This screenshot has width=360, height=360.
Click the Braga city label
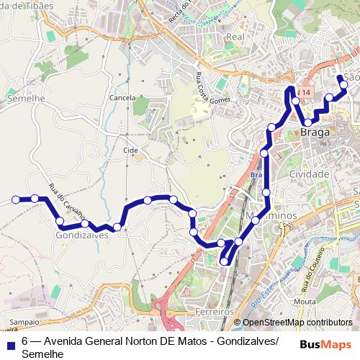[x=315, y=133]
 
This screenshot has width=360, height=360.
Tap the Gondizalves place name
[x=81, y=235]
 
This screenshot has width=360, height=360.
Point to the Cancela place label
[x=122, y=97]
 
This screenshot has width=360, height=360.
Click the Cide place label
[x=130, y=150]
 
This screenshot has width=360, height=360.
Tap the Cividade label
[x=308, y=174]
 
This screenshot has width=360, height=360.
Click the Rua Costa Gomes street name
[x=210, y=87]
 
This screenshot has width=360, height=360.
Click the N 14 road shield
[x=306, y=93]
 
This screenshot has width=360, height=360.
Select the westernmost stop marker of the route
[x=15, y=199]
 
